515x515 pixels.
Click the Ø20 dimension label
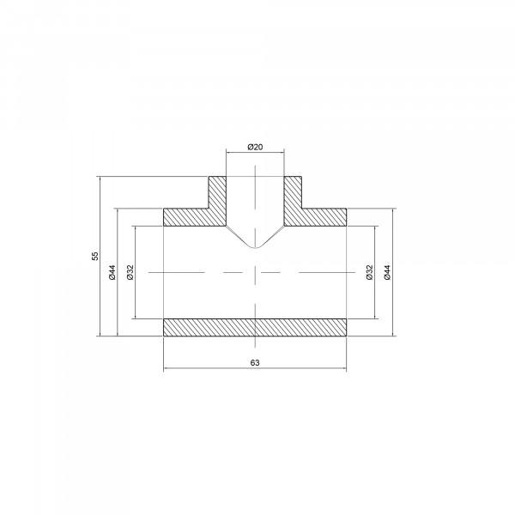pos(255,147)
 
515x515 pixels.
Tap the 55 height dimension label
pos(95,256)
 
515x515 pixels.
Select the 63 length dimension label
pos(255,362)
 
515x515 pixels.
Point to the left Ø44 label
pos(112,272)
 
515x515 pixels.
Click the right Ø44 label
pos(388,272)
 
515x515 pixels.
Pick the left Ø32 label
pos(130,272)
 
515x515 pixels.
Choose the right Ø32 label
pos(369,272)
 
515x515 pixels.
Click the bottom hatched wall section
pos(255,328)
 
